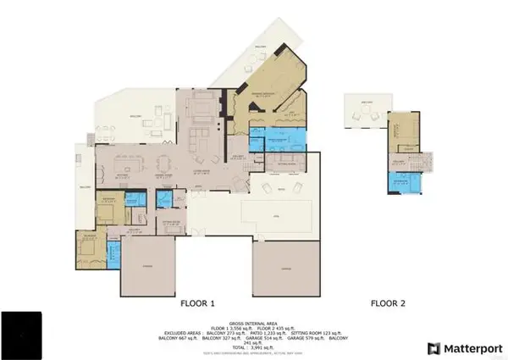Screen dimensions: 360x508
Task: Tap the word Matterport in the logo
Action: tap(472, 348)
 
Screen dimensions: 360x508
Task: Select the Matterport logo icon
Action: tap(433, 348)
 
